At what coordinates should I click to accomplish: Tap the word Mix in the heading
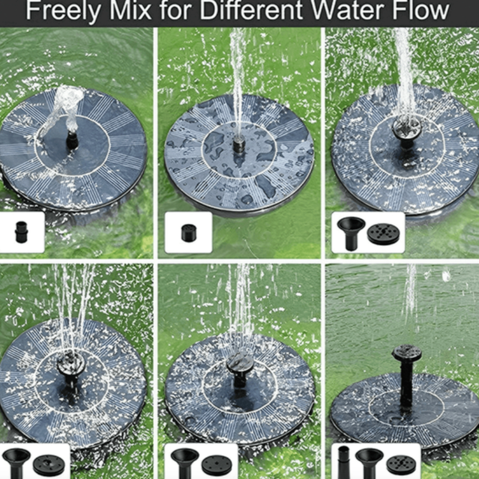pos(131,11)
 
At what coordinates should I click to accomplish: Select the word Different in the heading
pos(251,11)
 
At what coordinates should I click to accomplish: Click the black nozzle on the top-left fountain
pos(72,141)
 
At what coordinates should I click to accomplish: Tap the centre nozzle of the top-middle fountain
pos(239,144)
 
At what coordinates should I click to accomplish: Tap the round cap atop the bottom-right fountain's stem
pos(407,353)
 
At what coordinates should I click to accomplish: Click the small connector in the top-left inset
pos(21,232)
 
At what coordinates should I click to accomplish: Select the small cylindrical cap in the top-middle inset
pos(189,233)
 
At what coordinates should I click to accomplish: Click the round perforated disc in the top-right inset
pos(383,233)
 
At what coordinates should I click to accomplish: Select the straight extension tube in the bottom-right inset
pos(343,462)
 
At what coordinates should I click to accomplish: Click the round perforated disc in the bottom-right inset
pos(401,465)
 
